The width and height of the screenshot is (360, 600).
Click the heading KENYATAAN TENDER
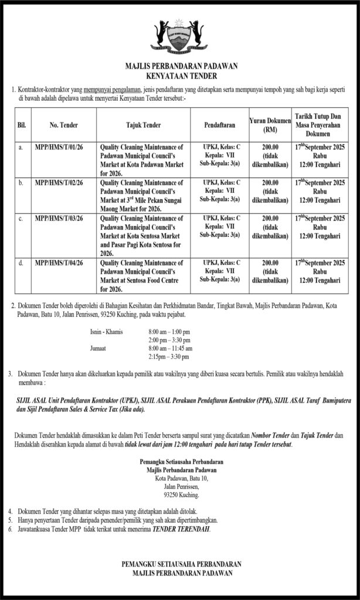point(181,76)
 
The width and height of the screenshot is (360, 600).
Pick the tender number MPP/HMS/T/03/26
point(59,218)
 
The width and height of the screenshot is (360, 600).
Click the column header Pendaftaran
point(220,125)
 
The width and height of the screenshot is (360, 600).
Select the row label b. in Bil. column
point(21,183)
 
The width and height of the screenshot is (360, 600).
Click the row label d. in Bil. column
point(21,263)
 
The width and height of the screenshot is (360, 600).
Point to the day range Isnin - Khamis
point(106,332)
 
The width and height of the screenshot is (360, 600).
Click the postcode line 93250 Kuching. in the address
point(181,495)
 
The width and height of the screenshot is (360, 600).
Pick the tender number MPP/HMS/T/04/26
point(59,263)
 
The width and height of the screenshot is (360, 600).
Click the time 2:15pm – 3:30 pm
point(169,356)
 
